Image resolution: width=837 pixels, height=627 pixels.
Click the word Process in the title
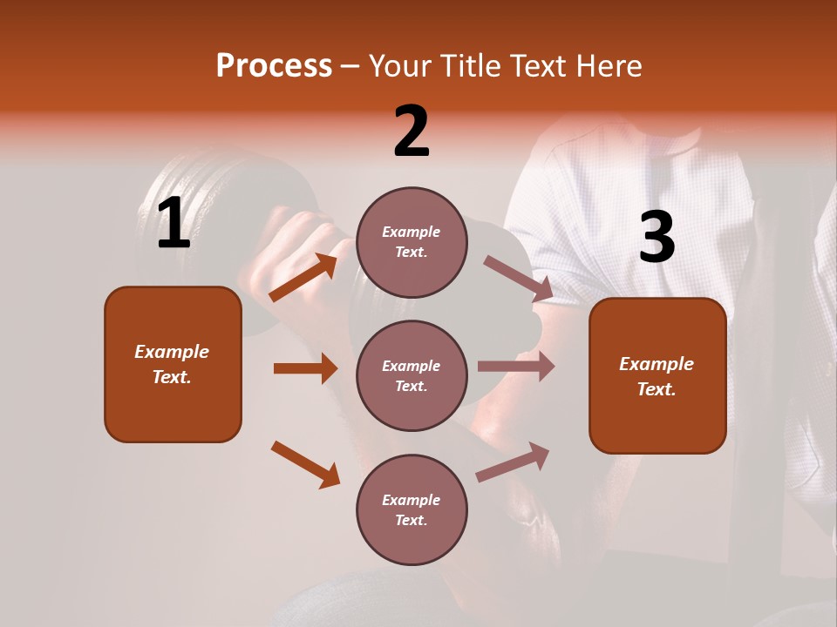pyautogui.click(x=274, y=66)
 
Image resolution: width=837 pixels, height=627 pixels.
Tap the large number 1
pyautogui.click(x=174, y=225)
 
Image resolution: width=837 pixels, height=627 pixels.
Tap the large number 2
pyautogui.click(x=412, y=132)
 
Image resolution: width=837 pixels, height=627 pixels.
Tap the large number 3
pyautogui.click(x=657, y=238)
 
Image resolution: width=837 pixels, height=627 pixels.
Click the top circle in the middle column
pyautogui.click(x=412, y=242)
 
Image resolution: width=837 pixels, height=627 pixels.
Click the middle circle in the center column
pyautogui.click(x=412, y=375)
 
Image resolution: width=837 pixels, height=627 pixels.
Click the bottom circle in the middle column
pyautogui.click(x=412, y=509)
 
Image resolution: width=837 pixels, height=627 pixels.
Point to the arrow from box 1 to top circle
pyautogui.click(x=303, y=277)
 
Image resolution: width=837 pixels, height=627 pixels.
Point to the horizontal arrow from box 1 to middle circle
pyautogui.click(x=305, y=368)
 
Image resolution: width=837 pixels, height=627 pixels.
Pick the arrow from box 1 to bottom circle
pyautogui.click(x=305, y=464)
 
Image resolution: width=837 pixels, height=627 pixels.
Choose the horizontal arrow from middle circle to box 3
pyautogui.click(x=516, y=366)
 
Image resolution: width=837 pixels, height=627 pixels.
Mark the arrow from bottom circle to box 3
pyautogui.click(x=513, y=462)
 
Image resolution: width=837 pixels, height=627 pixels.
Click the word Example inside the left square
pyautogui.click(x=172, y=352)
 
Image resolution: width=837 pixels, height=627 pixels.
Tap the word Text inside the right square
pyautogui.click(x=656, y=389)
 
